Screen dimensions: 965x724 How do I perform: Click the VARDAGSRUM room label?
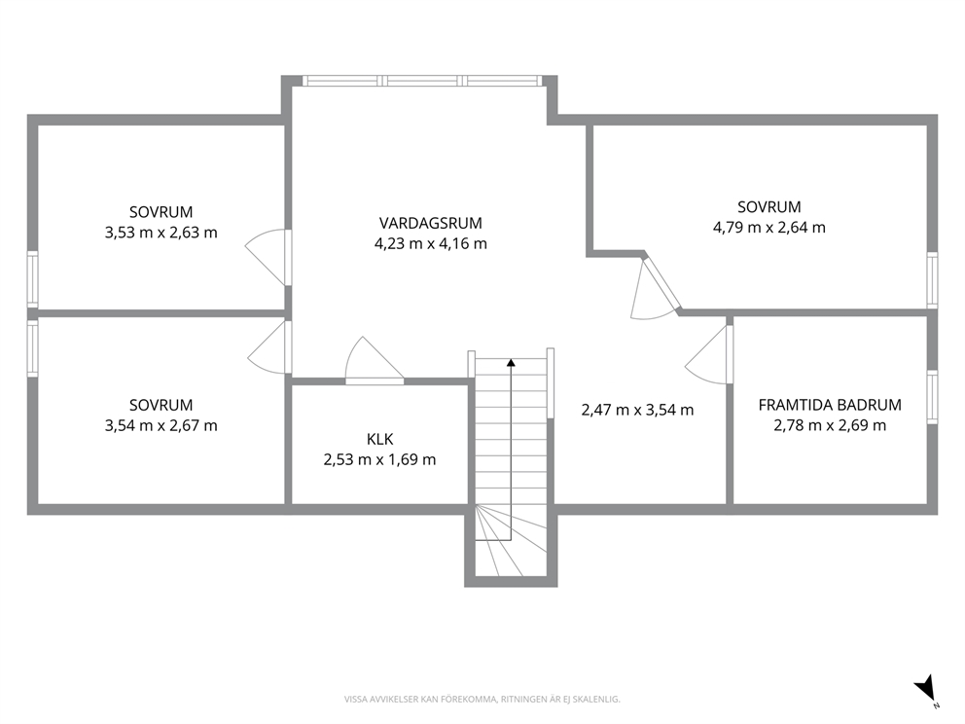tap(430, 223)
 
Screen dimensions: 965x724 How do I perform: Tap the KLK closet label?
tap(379, 439)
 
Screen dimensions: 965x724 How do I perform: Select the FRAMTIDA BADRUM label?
tap(830, 405)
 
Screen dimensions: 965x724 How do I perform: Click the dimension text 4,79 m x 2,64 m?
tap(769, 228)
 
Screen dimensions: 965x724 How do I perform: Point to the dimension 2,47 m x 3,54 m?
tap(637, 410)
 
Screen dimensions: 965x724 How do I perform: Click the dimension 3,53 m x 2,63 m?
tap(161, 233)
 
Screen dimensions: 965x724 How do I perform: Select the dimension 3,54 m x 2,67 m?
tap(161, 425)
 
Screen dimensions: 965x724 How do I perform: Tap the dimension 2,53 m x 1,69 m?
tap(379, 460)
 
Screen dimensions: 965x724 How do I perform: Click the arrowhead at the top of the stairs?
tap(511, 362)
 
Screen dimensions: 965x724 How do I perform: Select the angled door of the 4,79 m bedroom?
tap(656, 288)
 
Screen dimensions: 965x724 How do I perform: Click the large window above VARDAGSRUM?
tap(422, 81)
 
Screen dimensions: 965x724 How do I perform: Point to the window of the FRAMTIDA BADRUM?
tap(932, 397)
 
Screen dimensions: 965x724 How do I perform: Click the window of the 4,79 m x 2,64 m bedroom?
tap(932, 280)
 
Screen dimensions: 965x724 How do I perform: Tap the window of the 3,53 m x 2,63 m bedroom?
tap(33, 279)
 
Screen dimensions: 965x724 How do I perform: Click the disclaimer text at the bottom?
tap(482, 700)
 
